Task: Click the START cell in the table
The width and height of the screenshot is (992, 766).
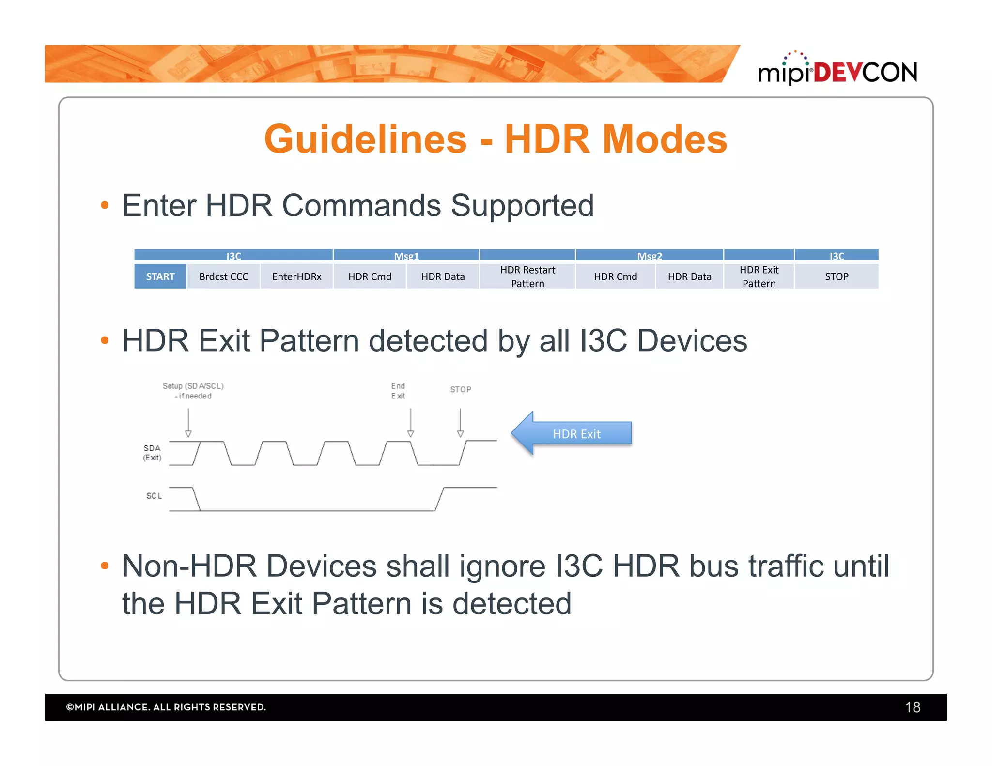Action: point(160,276)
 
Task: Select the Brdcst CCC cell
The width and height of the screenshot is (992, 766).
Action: point(223,276)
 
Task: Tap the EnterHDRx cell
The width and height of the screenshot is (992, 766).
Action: point(296,276)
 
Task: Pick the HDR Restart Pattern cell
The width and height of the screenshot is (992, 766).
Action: point(527,276)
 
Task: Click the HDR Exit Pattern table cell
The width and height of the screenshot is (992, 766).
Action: point(759,276)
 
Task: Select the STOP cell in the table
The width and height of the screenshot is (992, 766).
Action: point(837,276)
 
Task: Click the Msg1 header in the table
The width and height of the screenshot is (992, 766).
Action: point(406,256)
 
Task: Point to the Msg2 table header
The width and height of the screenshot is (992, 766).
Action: point(649,256)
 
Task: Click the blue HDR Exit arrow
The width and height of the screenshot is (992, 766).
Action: point(572,433)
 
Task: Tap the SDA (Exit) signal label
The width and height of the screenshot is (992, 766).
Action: point(152,453)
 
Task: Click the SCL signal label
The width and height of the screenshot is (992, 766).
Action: point(154,496)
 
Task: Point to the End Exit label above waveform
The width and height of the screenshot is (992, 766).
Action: point(398,391)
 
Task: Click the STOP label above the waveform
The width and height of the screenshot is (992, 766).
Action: point(460,389)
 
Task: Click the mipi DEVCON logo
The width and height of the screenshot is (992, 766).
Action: point(837,70)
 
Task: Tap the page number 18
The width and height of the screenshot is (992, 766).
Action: point(912,707)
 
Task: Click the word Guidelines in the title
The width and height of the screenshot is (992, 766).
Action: point(365,139)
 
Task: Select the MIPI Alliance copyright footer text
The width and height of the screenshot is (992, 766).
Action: point(166,707)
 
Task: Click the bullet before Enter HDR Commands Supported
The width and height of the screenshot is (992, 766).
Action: point(105,206)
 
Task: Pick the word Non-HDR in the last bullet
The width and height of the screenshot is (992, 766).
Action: point(189,566)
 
